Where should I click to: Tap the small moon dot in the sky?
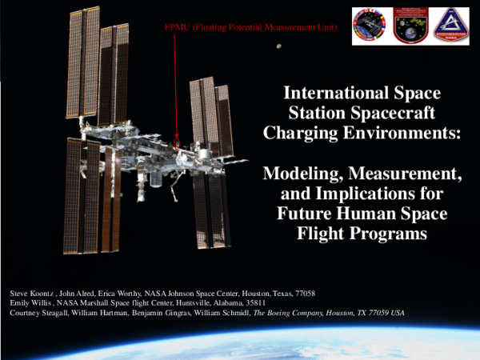[278, 46]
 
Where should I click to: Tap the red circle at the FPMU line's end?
[178, 149]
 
